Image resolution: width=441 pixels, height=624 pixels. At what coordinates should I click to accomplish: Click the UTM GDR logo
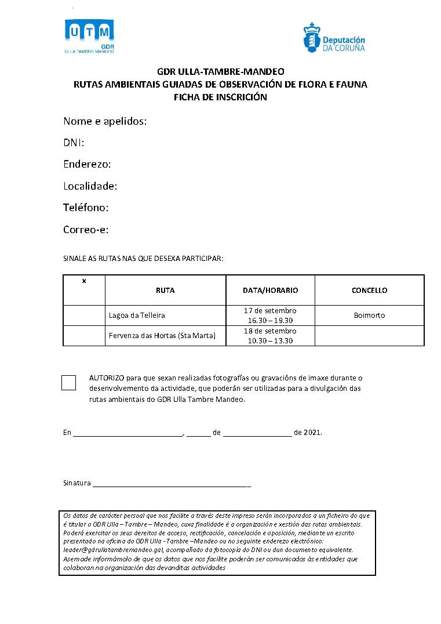pyautogui.click(x=89, y=36)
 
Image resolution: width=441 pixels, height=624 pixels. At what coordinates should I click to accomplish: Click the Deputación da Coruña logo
pyautogui.click(x=334, y=38)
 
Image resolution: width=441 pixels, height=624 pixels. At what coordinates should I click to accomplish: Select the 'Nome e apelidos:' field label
pyautogui.click(x=105, y=121)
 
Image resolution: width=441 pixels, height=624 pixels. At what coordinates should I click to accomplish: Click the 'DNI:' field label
pyautogui.click(x=74, y=143)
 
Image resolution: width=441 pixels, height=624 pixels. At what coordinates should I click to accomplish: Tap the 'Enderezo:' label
pyautogui.click(x=87, y=164)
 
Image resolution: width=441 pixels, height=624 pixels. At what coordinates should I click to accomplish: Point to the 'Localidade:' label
pyautogui.click(x=90, y=186)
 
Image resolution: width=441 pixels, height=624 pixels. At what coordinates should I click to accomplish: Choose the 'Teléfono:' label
pyautogui.click(x=86, y=208)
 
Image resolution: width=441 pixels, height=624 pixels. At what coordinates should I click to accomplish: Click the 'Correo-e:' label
pyautogui.click(x=86, y=230)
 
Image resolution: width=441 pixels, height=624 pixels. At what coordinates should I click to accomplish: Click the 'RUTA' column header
pyautogui.click(x=165, y=290)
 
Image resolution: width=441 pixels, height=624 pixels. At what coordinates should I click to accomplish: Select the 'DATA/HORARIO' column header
pyautogui.click(x=270, y=290)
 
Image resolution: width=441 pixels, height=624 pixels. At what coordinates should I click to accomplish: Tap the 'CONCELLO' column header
pyautogui.click(x=369, y=290)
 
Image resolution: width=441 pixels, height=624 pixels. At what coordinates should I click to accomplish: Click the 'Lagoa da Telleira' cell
pyautogui.click(x=137, y=315)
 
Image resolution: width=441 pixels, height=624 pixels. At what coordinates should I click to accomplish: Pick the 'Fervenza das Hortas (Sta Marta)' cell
pyautogui.click(x=162, y=336)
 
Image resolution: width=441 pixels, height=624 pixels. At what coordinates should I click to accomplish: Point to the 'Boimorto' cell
pyautogui.click(x=369, y=315)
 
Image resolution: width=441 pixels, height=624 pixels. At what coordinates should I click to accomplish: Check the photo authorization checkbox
pyautogui.click(x=68, y=383)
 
